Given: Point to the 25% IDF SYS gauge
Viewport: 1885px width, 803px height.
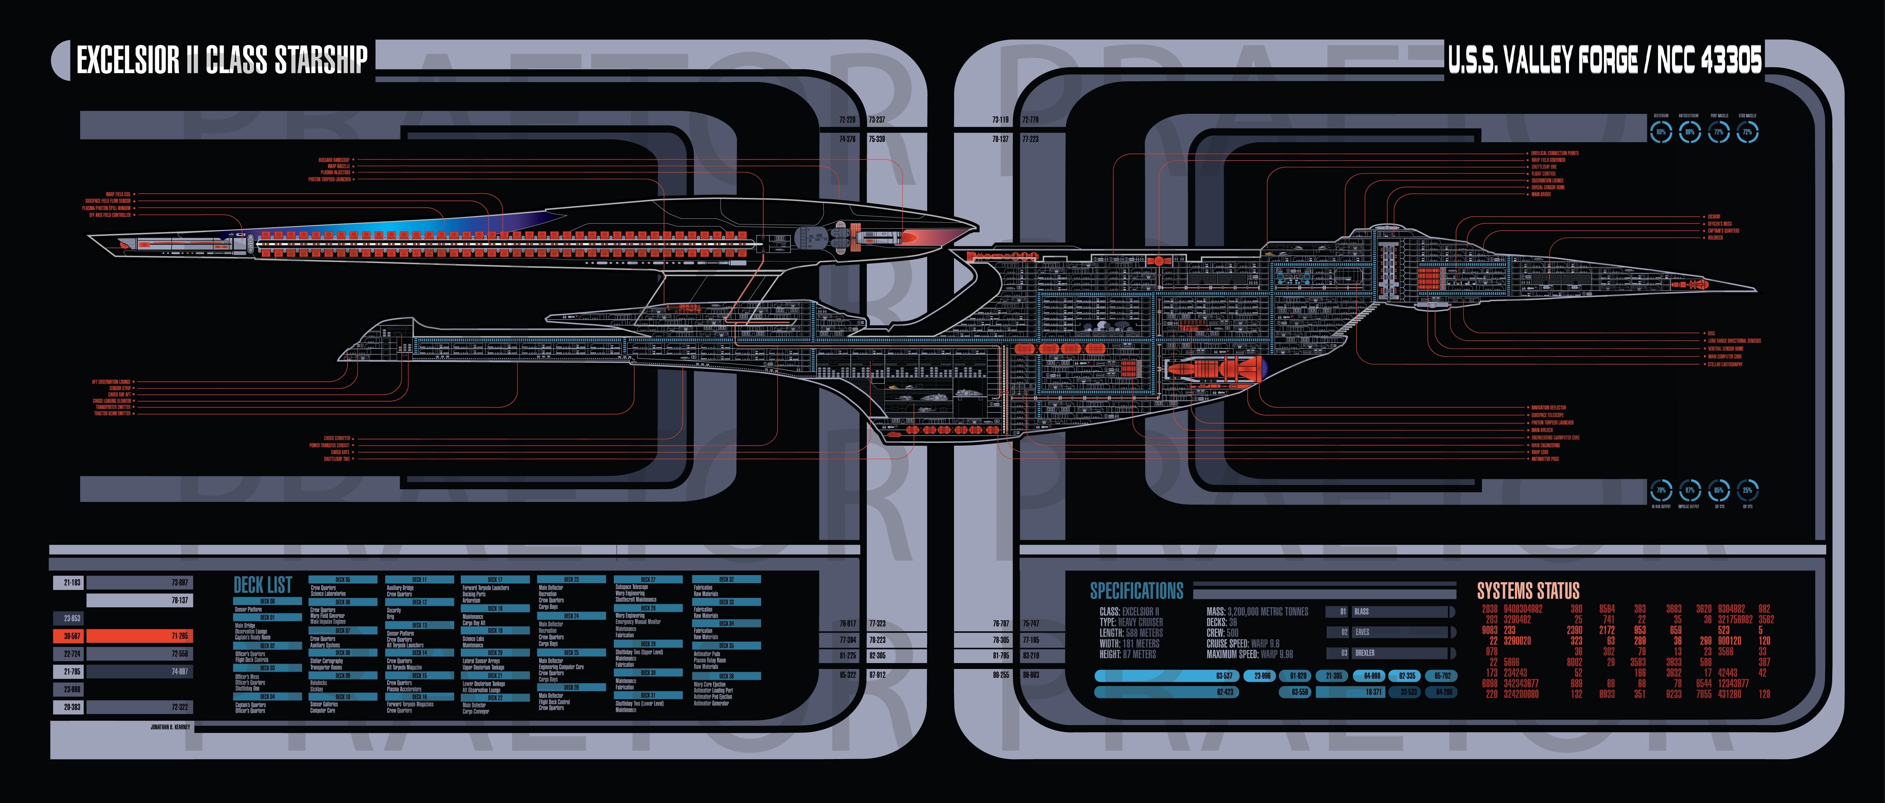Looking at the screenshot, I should (1748, 490).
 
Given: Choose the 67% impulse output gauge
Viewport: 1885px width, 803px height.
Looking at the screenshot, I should (1690, 490).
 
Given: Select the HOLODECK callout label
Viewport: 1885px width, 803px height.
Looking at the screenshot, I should (1715, 238).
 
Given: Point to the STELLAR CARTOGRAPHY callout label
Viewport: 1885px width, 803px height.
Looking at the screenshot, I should (1725, 364).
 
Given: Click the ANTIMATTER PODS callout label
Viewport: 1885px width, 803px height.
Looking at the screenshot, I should (1545, 459).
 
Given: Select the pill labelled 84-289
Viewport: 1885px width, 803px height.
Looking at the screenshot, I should (1444, 692).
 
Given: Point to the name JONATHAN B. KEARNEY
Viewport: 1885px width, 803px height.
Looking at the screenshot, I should (170, 727).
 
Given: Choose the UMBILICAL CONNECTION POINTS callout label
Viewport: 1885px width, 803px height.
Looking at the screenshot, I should (1554, 153).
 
